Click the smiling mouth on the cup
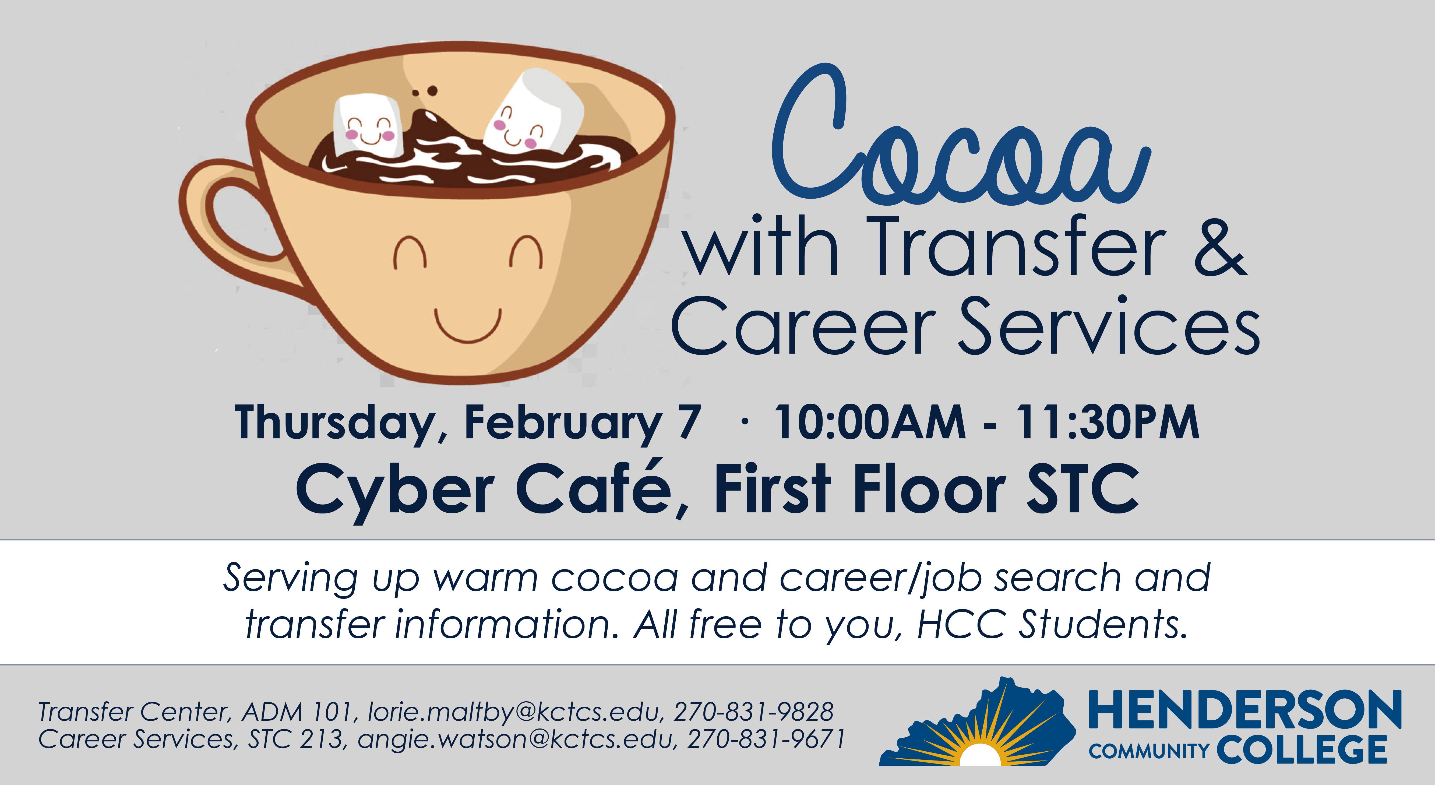468,326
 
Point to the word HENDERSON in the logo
1245,709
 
